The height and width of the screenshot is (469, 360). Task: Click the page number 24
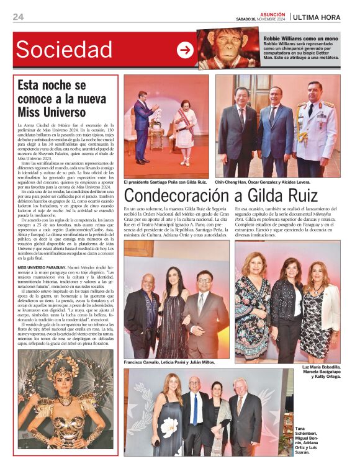pyautogui.click(x=18, y=17)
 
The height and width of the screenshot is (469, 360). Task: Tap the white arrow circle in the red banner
pyautogui.click(x=185, y=50)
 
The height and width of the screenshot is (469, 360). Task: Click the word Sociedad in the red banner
pyautogui.click(x=64, y=50)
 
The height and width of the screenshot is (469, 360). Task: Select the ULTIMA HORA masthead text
pyautogui.click(x=317, y=17)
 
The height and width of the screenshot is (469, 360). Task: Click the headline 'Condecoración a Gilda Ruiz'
pyautogui.click(x=233, y=196)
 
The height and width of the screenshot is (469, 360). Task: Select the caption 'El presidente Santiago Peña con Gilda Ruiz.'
pyautogui.click(x=165, y=182)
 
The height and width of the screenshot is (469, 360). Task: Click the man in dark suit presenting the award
pyautogui.click(x=142, y=127)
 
